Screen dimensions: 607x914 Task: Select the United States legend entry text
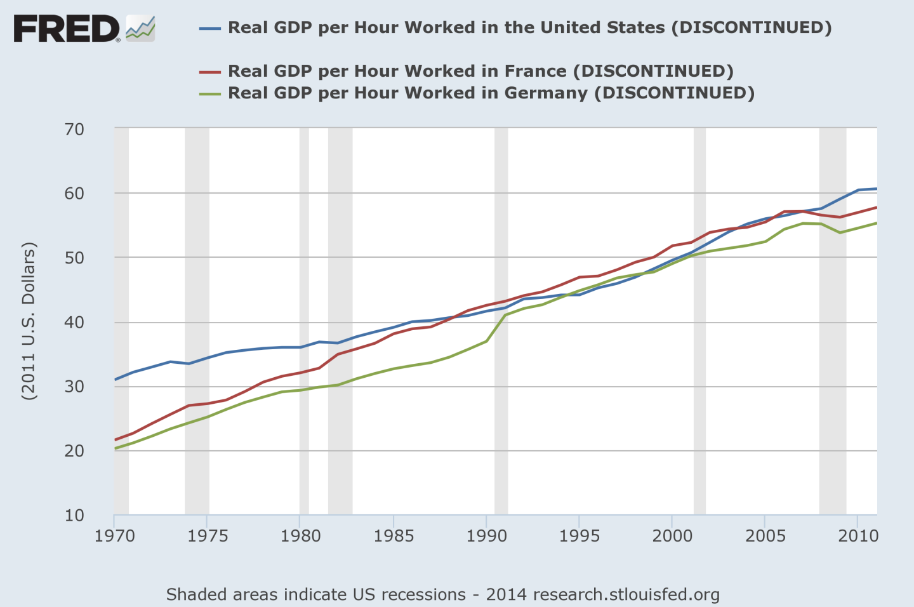click(x=529, y=28)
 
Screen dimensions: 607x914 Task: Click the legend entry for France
click(x=480, y=71)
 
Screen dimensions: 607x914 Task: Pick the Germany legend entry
click(x=491, y=93)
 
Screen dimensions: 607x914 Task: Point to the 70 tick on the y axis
click(x=74, y=130)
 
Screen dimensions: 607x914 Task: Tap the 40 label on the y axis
click(x=74, y=323)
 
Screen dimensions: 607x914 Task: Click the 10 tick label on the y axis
click(x=74, y=516)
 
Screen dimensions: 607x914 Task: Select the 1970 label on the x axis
click(x=114, y=536)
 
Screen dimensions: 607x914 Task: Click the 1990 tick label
click(x=486, y=536)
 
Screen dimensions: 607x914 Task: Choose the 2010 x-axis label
click(x=858, y=536)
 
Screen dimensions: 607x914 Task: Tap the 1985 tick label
click(x=394, y=536)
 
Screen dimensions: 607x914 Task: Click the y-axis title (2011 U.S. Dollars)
click(x=29, y=321)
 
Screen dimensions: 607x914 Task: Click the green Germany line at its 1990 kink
click(x=487, y=341)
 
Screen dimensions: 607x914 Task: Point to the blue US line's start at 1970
click(x=116, y=380)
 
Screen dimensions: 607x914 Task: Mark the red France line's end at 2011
click(x=877, y=208)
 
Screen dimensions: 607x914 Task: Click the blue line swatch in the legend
click(x=209, y=29)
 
